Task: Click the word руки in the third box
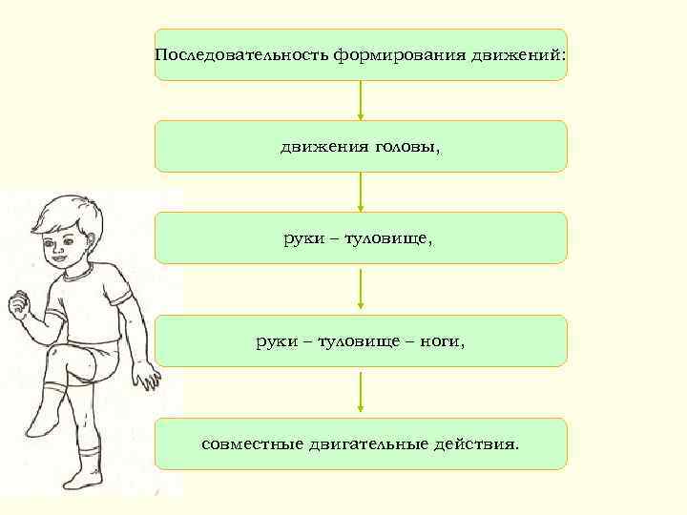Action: [302, 238]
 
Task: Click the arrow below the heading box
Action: [360, 100]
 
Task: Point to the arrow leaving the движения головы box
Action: [360, 192]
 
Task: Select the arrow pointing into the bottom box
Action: [360, 393]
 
